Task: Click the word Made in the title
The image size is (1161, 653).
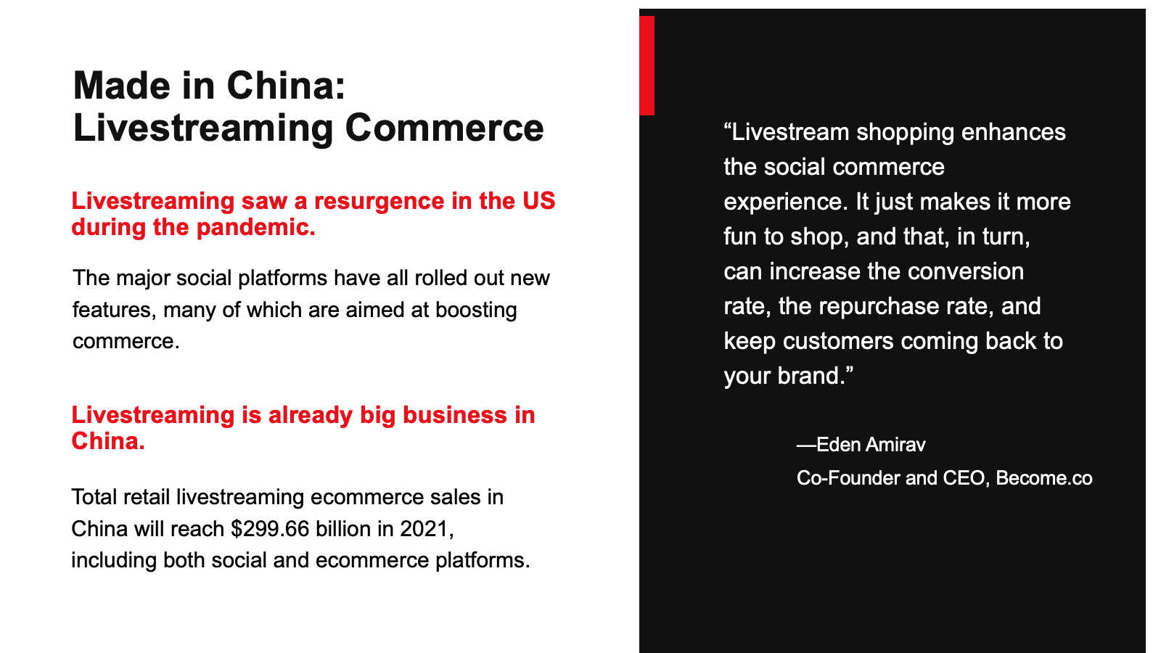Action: pyautogui.click(x=122, y=86)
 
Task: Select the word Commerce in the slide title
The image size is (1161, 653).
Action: pyautogui.click(x=444, y=128)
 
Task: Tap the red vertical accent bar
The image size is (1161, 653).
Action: pyautogui.click(x=647, y=65)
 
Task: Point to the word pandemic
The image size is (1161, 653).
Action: pyautogui.click(x=255, y=228)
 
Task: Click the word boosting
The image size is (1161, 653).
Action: pyautogui.click(x=476, y=311)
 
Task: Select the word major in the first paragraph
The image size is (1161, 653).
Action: pyautogui.click(x=143, y=279)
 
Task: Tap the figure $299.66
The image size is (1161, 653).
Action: pyautogui.click(x=270, y=529)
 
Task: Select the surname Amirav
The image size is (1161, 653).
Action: pyautogui.click(x=895, y=445)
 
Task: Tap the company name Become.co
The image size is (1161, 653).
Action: pyautogui.click(x=1044, y=478)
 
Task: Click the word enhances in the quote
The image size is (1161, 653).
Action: pyautogui.click(x=1013, y=132)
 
